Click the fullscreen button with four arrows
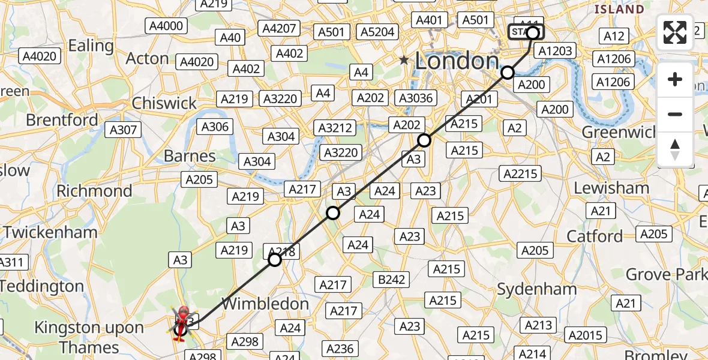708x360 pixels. click(675, 32)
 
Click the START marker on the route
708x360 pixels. click(526, 32)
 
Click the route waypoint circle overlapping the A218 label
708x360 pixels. click(275, 260)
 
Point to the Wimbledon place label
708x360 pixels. click(265, 304)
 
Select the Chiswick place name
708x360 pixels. click(164, 103)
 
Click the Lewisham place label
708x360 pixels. click(611, 188)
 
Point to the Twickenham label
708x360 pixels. click(50, 232)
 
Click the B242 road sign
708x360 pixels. click(392, 279)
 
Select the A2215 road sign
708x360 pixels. click(520, 174)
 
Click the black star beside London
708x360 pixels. click(405, 61)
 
